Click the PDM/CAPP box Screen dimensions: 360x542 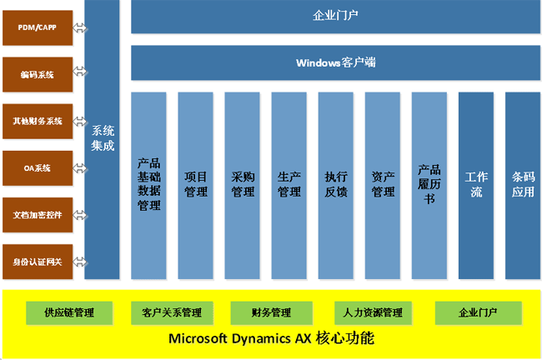tap(38, 28)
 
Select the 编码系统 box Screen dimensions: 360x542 tap(38, 75)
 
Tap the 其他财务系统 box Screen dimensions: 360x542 tap(38, 122)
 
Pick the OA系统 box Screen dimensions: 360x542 tap(38, 168)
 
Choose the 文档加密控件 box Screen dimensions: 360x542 tap(38, 215)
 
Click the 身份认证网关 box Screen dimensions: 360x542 tap(38, 262)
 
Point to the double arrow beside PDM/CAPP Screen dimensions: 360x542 tap(80, 28)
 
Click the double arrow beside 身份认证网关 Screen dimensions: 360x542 tap(80, 262)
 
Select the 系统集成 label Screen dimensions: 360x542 tap(103, 138)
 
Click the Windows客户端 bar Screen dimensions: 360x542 tap(335, 62)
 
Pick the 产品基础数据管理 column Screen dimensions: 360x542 tap(148, 185)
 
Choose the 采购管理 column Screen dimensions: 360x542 tap(243, 185)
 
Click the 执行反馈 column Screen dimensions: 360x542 tap(336, 185)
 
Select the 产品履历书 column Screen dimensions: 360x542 tap(429, 185)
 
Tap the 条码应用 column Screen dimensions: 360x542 tap(523, 185)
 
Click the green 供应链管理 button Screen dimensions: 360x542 tap(70, 312)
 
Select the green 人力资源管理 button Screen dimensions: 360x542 tap(373, 312)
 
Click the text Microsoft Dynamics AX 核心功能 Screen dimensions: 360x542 tap(271, 339)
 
